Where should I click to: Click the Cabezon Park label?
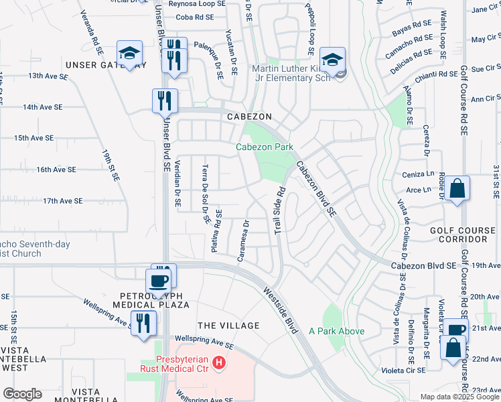pyautogui.click(x=263, y=147)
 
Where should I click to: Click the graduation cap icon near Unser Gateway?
pyautogui.click(x=129, y=53)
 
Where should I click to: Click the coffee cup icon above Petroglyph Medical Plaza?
pyautogui.click(x=159, y=281)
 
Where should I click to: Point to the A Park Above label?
pyautogui.click(x=336, y=332)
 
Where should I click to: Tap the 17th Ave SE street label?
pyautogui.click(x=62, y=201)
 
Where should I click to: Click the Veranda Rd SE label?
pyautogui.click(x=92, y=32)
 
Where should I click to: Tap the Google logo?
pyautogui.click(x=22, y=394)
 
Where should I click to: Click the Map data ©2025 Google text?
pyautogui.click(x=459, y=397)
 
